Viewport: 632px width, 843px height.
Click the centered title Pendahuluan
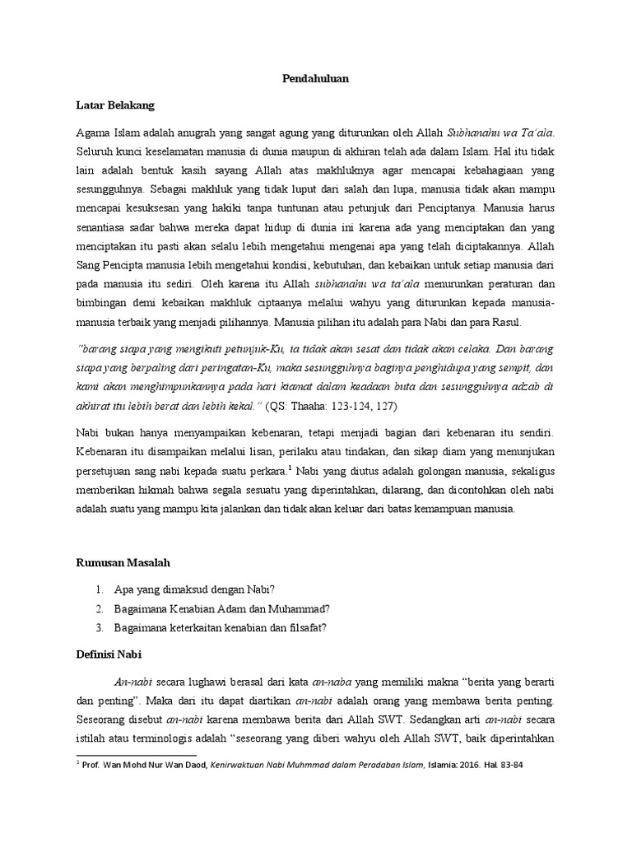coord(315,80)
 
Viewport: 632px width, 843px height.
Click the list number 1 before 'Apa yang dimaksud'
coord(98,589)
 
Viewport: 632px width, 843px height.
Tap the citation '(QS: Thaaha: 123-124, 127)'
coord(329,408)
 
